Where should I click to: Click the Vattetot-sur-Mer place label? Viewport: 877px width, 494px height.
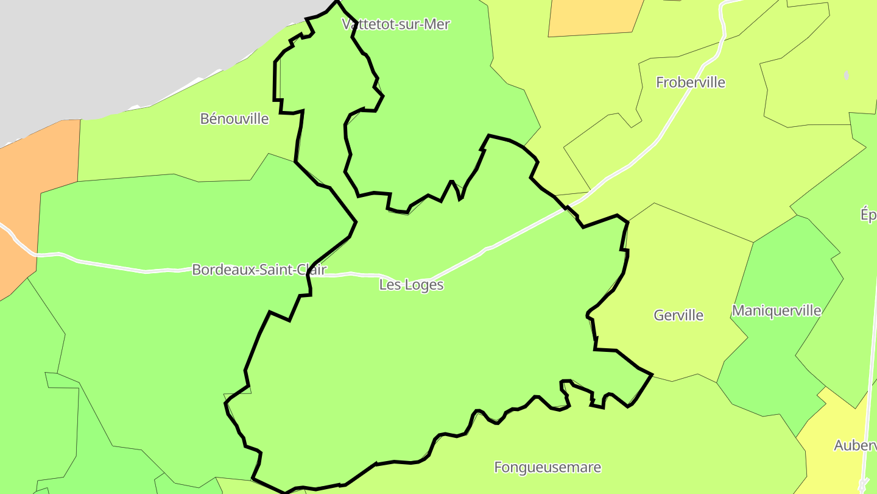tap(396, 24)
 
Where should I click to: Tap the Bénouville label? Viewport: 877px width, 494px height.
tap(234, 119)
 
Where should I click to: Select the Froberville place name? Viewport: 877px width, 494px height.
tap(691, 82)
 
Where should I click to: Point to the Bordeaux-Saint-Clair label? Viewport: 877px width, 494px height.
tap(259, 270)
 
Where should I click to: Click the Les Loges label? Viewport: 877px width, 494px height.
tap(411, 285)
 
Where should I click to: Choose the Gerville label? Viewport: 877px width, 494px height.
tap(678, 315)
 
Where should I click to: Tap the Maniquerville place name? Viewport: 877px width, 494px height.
tap(777, 311)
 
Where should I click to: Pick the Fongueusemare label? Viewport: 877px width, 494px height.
tap(548, 468)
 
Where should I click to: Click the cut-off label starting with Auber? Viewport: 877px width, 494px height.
tap(855, 446)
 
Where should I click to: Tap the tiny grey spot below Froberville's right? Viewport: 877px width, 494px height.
tap(846, 76)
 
